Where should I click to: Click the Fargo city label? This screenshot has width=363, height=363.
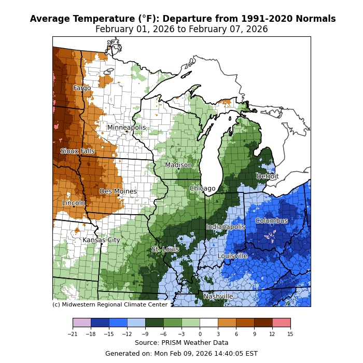(x=82, y=88)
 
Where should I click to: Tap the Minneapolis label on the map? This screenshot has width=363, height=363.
(x=127, y=128)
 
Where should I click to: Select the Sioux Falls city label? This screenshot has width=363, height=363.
(x=77, y=151)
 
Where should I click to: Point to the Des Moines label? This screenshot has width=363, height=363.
(x=118, y=191)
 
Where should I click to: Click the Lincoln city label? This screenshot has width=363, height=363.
(x=74, y=203)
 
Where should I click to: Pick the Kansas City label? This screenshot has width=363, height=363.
(x=101, y=240)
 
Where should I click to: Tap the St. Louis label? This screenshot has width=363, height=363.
(x=165, y=249)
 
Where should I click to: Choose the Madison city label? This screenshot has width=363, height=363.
(x=178, y=165)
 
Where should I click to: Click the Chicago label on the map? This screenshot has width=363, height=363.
(x=202, y=188)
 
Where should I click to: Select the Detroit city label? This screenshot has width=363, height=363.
(x=268, y=176)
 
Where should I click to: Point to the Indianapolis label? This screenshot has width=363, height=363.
(x=226, y=227)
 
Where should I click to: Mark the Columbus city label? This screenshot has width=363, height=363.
(x=271, y=221)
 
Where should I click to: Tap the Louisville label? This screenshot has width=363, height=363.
(x=232, y=256)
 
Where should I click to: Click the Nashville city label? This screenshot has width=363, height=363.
(x=218, y=297)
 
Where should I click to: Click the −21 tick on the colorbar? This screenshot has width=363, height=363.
(x=73, y=334)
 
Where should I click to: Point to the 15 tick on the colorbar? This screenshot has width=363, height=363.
(x=290, y=334)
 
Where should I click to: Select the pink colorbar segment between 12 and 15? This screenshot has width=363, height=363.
(x=281, y=323)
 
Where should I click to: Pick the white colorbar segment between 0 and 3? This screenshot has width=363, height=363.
(x=208, y=323)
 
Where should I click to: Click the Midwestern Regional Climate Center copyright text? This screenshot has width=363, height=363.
(x=110, y=305)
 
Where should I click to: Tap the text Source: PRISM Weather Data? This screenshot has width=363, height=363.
(x=181, y=343)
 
